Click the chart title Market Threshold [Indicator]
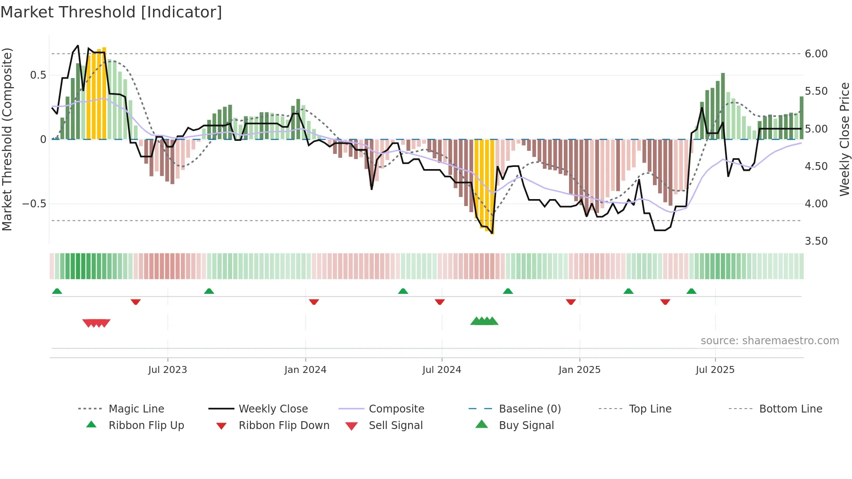click(x=111, y=12)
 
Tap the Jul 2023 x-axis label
click(x=167, y=370)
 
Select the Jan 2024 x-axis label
click(x=305, y=370)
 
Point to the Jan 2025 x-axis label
click(x=579, y=370)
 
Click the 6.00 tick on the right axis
click(x=816, y=54)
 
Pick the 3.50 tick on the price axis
click(x=816, y=241)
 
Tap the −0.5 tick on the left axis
click(x=34, y=204)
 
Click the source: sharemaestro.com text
click(x=769, y=341)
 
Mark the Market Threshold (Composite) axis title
click(x=7, y=139)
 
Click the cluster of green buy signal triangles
click(x=484, y=321)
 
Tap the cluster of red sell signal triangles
click(x=97, y=323)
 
